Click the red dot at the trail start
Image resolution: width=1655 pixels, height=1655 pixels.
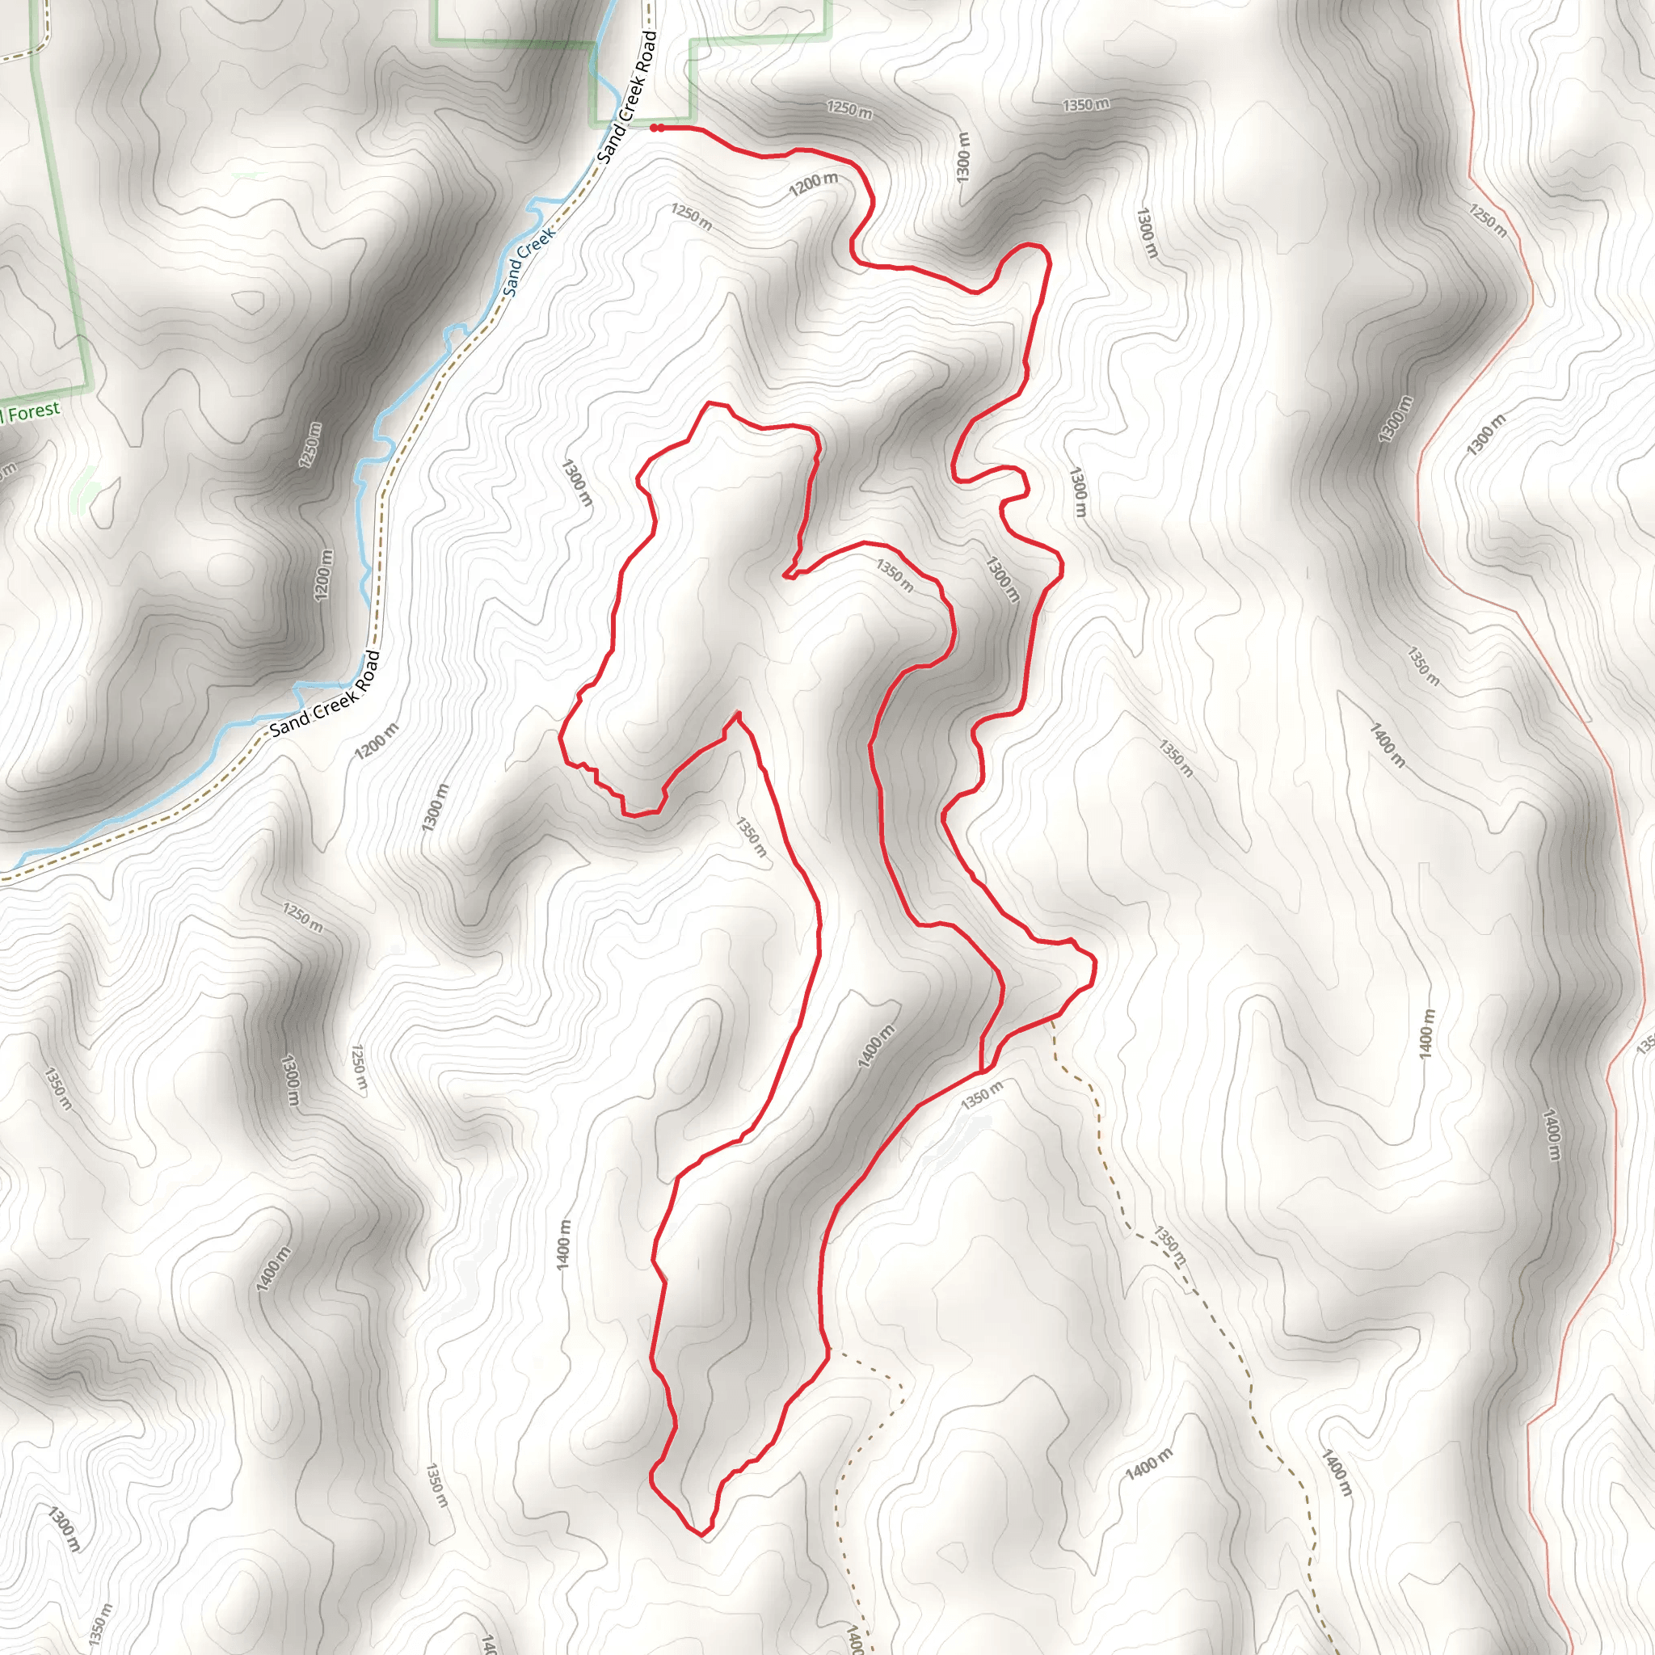coord(655,128)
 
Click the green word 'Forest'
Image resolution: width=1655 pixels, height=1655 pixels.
coord(35,411)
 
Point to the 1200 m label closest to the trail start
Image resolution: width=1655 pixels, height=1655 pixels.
coord(813,183)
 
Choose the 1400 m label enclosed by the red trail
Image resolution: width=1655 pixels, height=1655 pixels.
coord(875,1046)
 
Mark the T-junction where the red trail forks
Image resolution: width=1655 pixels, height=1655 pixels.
coord(982,1071)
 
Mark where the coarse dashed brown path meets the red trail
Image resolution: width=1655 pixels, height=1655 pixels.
coord(1053,1019)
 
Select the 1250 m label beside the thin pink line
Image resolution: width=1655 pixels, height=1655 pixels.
coord(1487,220)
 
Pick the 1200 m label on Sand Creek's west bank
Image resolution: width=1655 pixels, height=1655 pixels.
coord(323,575)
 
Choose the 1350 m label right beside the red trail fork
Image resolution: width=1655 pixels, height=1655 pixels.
coord(982,1097)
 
